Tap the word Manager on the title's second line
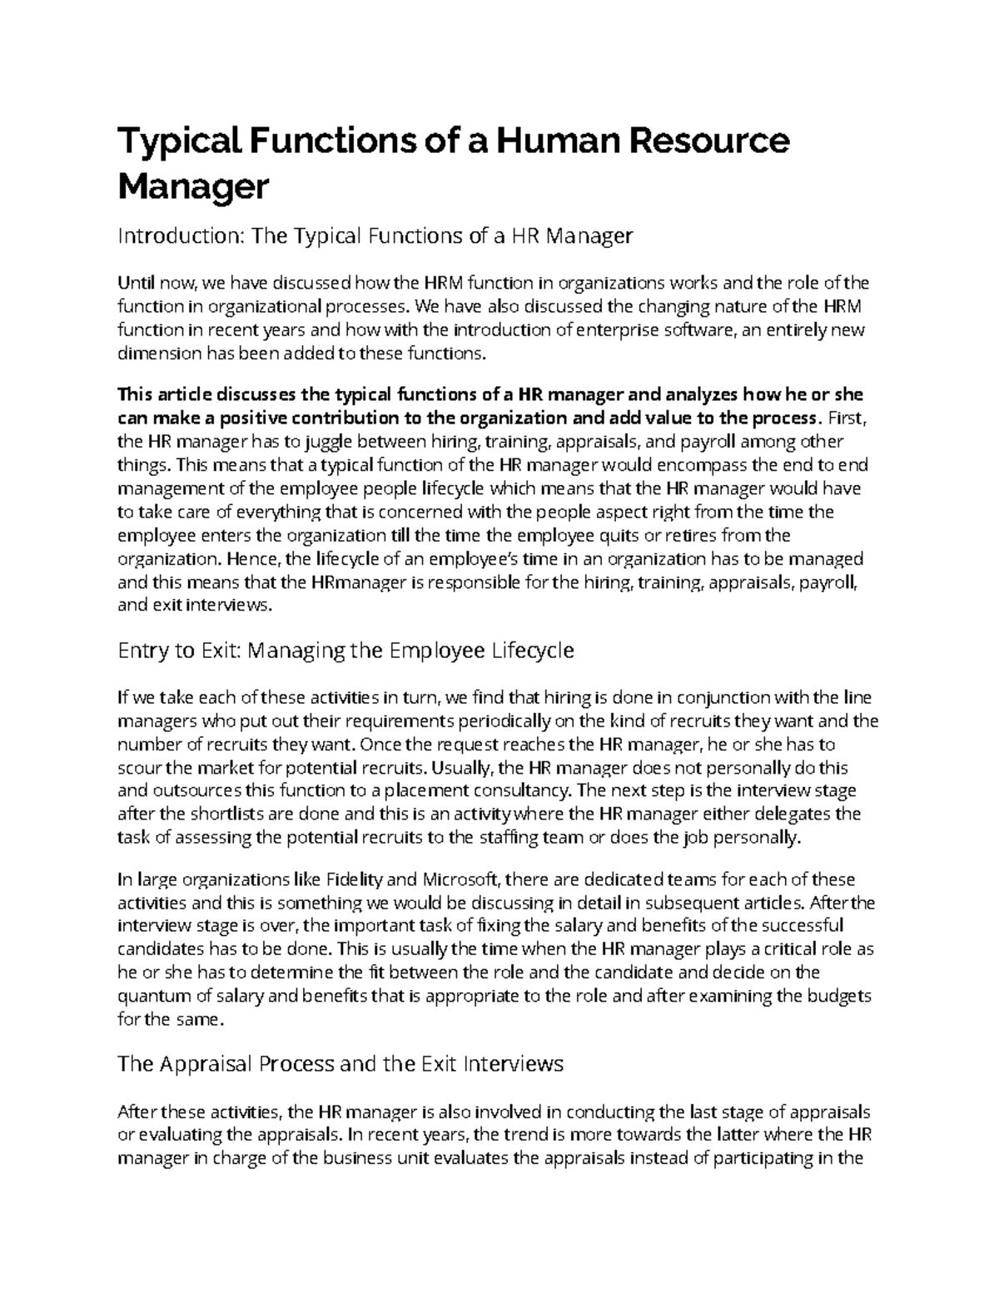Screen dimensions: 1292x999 (194, 186)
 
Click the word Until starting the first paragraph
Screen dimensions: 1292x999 (136, 283)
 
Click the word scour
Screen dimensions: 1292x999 (138, 767)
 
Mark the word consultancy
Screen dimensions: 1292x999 (522, 790)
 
